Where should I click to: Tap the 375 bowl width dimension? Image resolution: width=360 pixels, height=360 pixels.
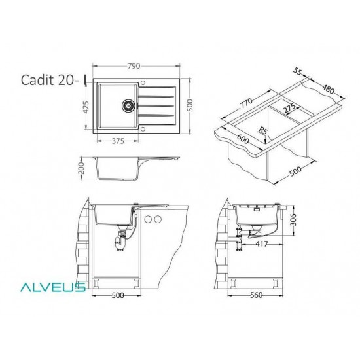(118, 141)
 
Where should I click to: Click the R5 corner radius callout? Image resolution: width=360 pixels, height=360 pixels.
(262, 130)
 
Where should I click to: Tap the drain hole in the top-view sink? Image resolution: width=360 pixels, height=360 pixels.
(128, 105)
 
